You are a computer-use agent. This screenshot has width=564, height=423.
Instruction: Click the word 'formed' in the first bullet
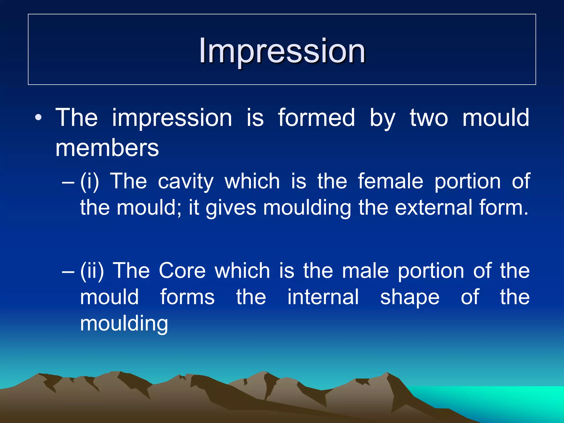316,118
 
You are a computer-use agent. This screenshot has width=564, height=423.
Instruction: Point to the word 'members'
107,148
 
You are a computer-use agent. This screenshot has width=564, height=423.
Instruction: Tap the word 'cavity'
186,182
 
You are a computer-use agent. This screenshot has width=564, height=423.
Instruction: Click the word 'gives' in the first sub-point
231,208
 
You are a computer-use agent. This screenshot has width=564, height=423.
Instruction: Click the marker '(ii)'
92,271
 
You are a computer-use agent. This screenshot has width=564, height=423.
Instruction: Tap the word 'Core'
182,271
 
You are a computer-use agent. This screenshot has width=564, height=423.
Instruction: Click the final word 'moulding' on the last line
124,324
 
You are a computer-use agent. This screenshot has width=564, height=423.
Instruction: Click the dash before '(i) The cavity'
68,182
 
